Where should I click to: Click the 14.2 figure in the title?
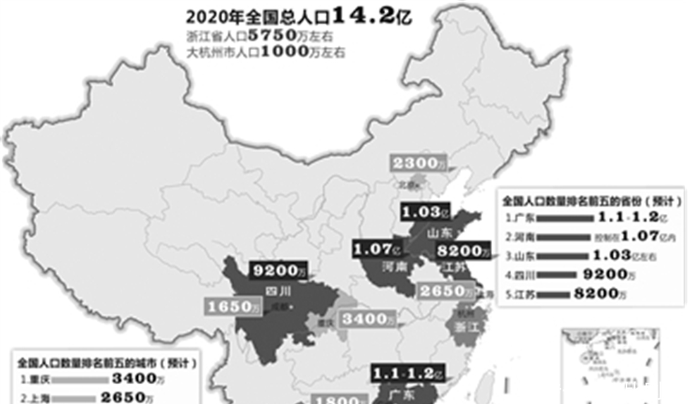366,15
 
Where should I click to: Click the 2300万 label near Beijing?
416,163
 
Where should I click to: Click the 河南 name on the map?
394,266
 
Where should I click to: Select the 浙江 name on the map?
474,327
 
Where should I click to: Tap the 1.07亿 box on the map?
377,249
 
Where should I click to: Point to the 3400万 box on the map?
367,320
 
